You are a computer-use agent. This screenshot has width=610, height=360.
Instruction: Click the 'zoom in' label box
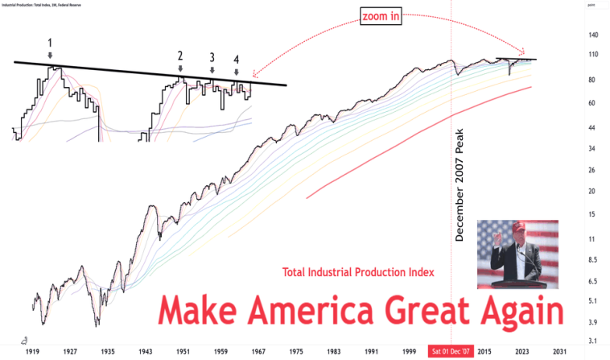(x=381, y=15)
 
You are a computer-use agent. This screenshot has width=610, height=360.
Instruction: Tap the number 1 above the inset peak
(x=50, y=42)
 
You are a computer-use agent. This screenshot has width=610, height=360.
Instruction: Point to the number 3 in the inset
(x=212, y=57)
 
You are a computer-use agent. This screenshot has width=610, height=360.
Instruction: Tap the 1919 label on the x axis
(x=33, y=351)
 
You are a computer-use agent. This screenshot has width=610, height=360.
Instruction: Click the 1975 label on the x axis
(x=296, y=351)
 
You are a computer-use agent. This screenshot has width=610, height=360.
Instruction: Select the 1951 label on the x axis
(x=183, y=351)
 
